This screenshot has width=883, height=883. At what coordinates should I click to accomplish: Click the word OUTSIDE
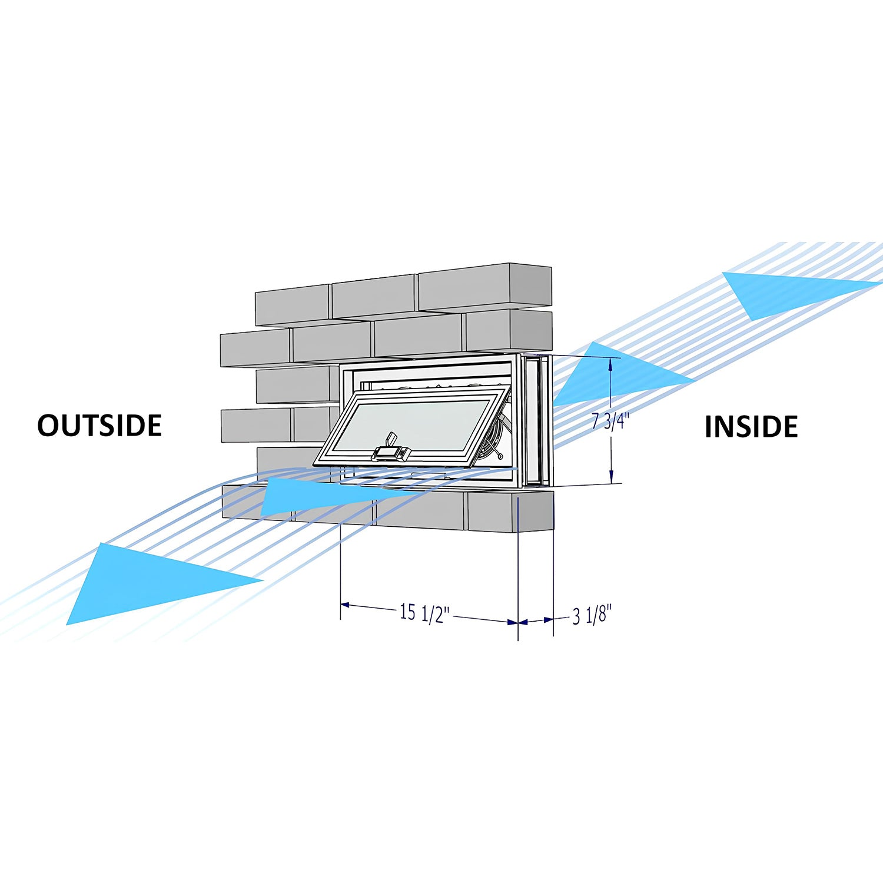coord(99,425)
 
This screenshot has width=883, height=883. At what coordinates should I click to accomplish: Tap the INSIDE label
coord(751,427)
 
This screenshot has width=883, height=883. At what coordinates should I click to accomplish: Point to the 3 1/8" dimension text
coord(592,615)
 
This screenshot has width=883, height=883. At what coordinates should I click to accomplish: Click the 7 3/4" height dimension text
coord(610,421)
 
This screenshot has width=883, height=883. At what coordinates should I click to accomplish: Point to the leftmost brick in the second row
coord(255,348)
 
